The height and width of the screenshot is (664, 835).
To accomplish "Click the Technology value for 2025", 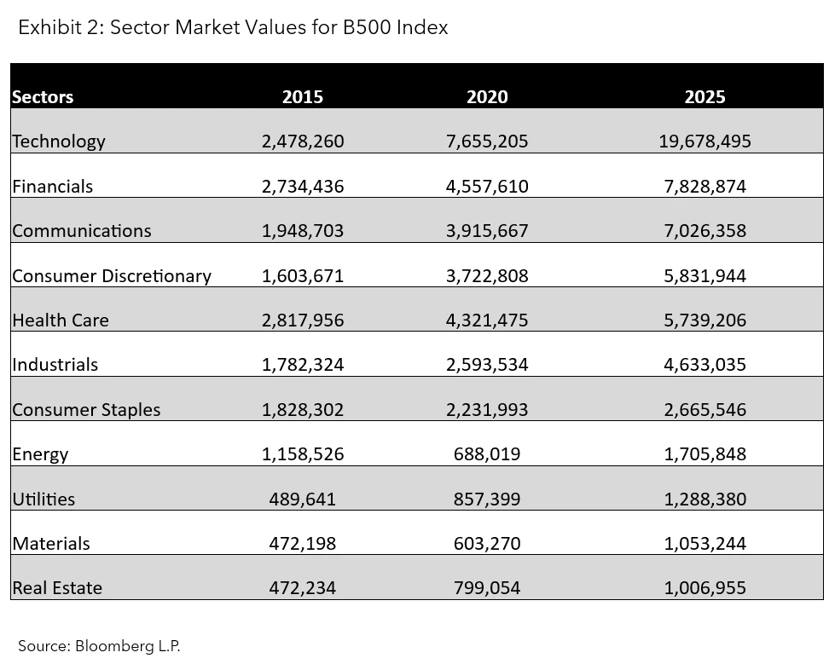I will [705, 141].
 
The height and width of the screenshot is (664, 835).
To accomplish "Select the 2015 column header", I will [303, 97].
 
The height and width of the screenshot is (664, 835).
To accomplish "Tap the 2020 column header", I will [487, 97].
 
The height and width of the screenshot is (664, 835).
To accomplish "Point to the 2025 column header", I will [705, 97].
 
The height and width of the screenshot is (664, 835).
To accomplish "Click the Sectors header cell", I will [43, 97].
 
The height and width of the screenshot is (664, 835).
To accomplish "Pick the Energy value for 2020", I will [487, 454].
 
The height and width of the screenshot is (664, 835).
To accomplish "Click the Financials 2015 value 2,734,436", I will [303, 187].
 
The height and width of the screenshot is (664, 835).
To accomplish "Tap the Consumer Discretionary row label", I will [112, 276].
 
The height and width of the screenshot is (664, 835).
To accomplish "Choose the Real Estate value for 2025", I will [705, 588].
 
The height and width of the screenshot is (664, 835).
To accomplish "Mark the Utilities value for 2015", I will [303, 499].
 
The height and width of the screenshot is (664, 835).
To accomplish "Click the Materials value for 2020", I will [487, 544].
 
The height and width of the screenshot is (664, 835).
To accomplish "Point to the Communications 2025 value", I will [705, 231].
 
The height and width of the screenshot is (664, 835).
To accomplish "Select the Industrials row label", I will [55, 365].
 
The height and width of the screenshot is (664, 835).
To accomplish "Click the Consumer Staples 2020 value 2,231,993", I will [487, 410].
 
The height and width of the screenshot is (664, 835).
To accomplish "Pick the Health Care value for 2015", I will [303, 320].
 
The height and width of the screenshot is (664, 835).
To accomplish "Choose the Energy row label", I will [40, 454].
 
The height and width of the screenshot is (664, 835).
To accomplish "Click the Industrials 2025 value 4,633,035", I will [705, 365].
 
